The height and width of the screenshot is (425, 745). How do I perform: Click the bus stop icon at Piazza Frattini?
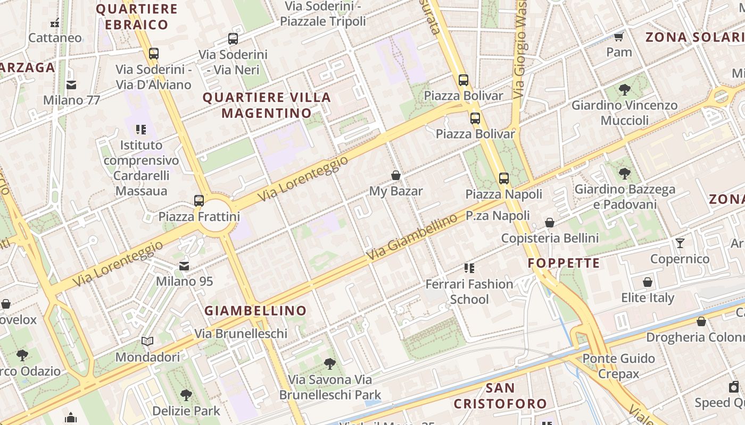tap(199, 201)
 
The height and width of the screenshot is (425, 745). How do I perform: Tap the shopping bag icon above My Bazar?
tap(396, 175)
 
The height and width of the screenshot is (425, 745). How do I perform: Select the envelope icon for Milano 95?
tap(184, 266)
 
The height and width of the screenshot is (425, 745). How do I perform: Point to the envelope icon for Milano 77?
tap(71, 84)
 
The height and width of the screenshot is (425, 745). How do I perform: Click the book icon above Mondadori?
tap(147, 341)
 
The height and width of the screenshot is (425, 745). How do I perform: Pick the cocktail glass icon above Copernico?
tap(680, 243)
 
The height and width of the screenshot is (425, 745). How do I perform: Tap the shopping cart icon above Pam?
tap(619, 37)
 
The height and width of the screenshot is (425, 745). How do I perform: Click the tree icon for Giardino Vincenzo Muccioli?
tap(625, 90)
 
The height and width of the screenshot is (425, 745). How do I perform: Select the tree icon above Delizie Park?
tap(186, 395)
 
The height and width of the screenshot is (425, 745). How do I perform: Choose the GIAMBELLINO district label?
tap(256, 311)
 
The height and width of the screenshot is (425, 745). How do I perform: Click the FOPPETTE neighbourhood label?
tap(564, 263)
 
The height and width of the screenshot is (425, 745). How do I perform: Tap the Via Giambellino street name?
tap(412, 237)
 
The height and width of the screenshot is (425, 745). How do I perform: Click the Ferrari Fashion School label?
tap(469, 292)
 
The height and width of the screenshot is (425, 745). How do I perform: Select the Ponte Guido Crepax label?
tap(618, 366)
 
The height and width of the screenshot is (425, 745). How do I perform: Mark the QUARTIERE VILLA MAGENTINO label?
tap(267, 105)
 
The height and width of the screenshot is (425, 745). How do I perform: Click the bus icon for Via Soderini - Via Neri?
tap(233, 39)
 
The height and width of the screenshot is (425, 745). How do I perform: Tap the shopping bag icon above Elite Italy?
tap(648, 282)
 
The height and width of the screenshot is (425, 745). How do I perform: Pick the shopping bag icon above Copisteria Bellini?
tap(550, 223)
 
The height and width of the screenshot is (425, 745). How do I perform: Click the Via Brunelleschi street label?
tap(241, 334)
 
